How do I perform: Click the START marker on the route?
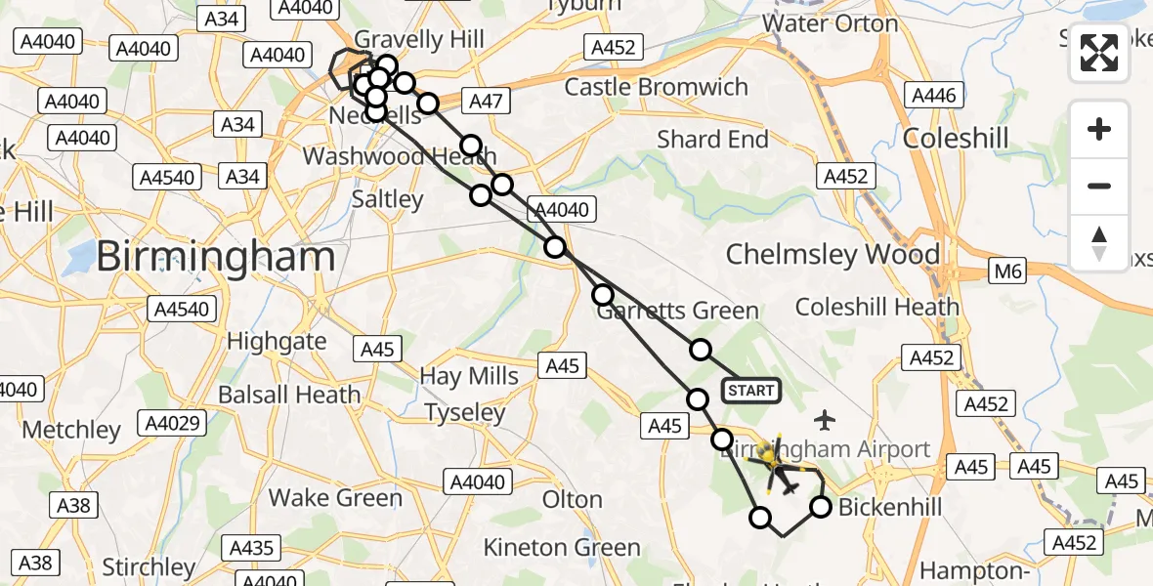(x=750, y=391)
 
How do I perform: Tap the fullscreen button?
(x=1099, y=53)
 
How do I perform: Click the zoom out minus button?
(x=1099, y=186)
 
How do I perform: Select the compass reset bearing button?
(x=1099, y=242)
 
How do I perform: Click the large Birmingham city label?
(x=216, y=258)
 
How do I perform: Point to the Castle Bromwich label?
(x=657, y=87)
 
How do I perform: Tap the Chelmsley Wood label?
(x=833, y=255)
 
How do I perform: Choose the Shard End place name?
(x=713, y=140)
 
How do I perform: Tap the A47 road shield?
(x=486, y=100)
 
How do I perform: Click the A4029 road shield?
(x=172, y=423)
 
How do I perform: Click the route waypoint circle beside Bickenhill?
(x=821, y=507)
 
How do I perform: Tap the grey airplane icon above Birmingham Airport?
(x=826, y=421)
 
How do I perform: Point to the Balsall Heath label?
(x=289, y=396)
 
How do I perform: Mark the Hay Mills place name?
(x=469, y=376)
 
